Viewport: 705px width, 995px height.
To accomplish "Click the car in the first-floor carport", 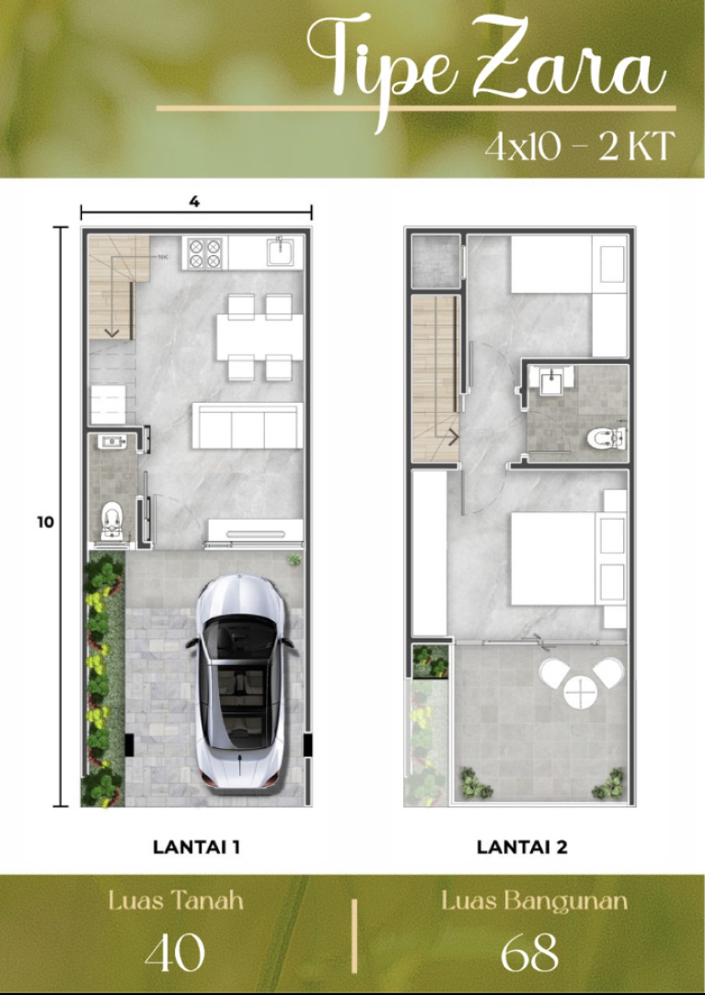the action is point(240,682).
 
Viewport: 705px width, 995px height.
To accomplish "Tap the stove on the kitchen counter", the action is point(205,253).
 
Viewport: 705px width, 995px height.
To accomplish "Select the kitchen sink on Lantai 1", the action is point(280,252).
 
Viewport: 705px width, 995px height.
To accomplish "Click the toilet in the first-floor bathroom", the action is point(111,521).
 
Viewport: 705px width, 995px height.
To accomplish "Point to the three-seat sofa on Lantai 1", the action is point(248,426).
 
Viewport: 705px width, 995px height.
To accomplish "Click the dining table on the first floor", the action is point(260,337).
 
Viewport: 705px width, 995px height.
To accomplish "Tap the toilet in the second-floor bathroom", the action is point(606,438).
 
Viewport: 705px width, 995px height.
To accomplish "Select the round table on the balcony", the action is point(580,692).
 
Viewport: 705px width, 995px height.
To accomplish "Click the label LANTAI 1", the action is point(197,848).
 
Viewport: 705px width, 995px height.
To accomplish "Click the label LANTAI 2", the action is point(522,848).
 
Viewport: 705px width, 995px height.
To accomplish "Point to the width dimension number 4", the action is point(194,201).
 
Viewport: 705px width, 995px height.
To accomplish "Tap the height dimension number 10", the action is point(45,522).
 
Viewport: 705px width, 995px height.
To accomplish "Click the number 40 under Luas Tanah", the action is point(175,953).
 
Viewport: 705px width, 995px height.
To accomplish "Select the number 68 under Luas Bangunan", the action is point(529,953).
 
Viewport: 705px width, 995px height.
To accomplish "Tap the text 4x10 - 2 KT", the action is point(580,146).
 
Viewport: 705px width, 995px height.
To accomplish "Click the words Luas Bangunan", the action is point(535,901).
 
